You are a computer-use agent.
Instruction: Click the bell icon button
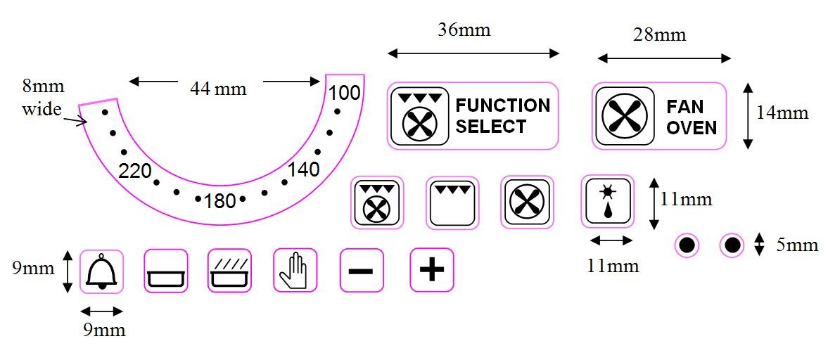103,271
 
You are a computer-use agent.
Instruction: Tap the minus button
362,271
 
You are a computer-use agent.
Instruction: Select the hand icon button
295,271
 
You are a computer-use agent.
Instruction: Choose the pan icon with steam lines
230,271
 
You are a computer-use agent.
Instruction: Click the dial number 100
345,92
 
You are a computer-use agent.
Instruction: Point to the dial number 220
134,171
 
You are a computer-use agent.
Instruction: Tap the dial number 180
219,201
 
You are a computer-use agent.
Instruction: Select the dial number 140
303,169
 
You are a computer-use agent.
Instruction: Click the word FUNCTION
503,105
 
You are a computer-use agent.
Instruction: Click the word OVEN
692,127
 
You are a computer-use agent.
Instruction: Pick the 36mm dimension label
464,30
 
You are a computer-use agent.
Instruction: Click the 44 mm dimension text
218,89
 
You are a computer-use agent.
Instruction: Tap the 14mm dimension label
782,112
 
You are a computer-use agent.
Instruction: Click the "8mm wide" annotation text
43,98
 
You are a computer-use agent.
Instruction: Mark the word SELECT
491,127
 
